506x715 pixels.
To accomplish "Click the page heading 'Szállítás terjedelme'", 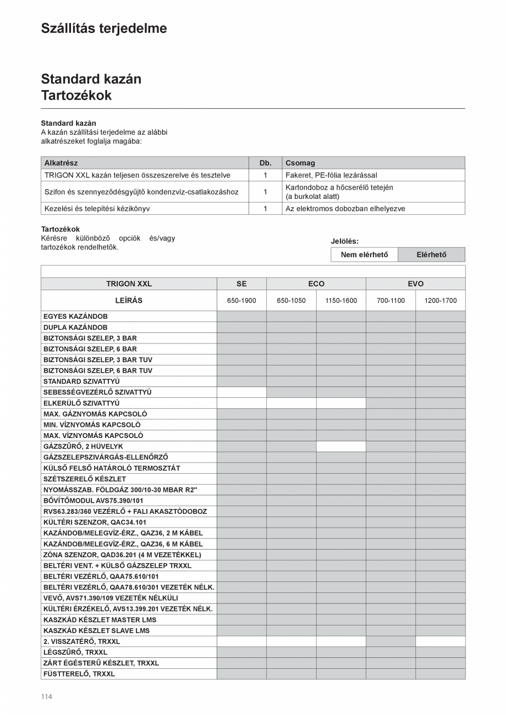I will (x=104, y=29).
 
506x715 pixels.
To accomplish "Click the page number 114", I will (x=46, y=697).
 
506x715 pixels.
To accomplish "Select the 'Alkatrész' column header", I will (x=61, y=163).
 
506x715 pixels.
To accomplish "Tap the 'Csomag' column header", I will (x=300, y=163).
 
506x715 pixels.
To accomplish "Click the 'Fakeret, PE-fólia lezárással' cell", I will (x=331, y=175).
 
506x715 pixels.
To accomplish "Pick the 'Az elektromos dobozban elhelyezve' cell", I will (x=345, y=209).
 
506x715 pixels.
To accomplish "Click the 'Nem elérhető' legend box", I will (x=364, y=254).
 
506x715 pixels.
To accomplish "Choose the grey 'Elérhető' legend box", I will (x=431, y=254).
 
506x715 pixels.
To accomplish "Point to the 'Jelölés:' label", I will (x=345, y=241).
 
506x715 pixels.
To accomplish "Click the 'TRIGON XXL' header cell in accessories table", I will (x=129, y=284).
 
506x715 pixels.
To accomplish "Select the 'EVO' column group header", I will (x=415, y=284).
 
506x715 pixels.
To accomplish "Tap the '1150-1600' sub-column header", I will (x=341, y=301).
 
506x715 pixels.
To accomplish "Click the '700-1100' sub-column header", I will (x=391, y=301).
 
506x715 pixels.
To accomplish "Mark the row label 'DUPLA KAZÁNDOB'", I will (x=75, y=327).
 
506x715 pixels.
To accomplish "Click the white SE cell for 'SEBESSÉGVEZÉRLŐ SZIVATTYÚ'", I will (x=241, y=392).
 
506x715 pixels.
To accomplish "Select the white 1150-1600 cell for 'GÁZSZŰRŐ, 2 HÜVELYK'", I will (x=341, y=446).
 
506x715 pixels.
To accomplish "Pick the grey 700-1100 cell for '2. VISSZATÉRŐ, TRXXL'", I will (x=391, y=641).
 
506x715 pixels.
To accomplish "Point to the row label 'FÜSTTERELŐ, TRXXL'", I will (x=79, y=674).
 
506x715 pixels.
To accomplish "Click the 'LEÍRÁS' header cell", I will (x=129, y=301).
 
